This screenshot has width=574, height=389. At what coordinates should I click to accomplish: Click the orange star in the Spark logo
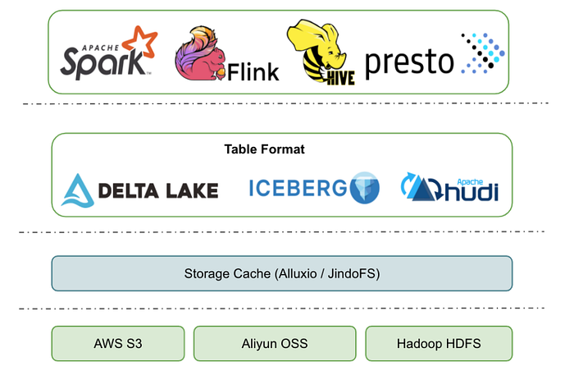(x=140, y=42)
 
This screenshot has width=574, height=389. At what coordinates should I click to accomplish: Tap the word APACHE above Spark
(x=100, y=48)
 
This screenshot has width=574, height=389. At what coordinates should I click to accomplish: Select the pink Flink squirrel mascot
(x=200, y=53)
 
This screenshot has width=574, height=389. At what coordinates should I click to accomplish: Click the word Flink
(x=253, y=71)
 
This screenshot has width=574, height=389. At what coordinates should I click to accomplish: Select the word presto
(x=409, y=62)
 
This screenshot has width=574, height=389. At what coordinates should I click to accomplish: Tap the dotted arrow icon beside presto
(x=483, y=53)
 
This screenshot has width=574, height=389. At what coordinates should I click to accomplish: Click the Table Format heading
(x=264, y=149)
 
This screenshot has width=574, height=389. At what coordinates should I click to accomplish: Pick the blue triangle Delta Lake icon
(x=78, y=190)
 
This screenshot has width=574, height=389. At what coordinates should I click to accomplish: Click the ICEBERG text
(x=298, y=188)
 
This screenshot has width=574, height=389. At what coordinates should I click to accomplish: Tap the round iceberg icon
(x=365, y=187)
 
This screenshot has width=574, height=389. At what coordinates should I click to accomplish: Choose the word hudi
(x=471, y=192)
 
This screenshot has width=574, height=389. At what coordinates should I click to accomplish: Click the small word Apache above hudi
(x=470, y=181)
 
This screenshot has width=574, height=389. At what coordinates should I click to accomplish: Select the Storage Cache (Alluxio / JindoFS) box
(x=282, y=273)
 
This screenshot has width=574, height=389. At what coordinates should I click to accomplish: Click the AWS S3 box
(x=118, y=344)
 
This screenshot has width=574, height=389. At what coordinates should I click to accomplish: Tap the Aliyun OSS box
(x=275, y=344)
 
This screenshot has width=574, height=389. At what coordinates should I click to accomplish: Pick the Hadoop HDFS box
(x=439, y=344)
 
